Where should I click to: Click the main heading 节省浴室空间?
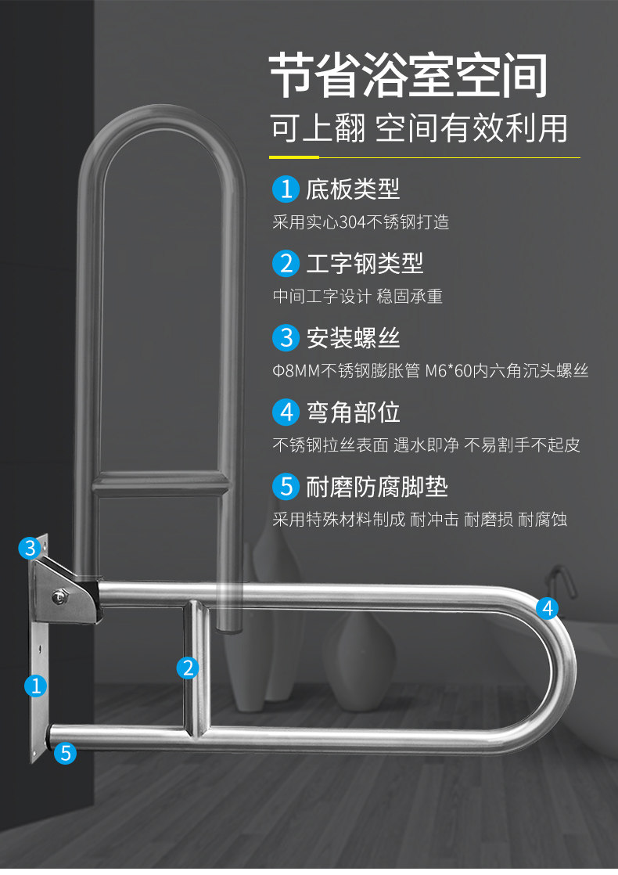coord(408,76)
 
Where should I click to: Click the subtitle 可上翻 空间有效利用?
coord(419,128)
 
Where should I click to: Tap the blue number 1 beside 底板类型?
coord(286,189)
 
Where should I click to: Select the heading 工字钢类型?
coord(365,263)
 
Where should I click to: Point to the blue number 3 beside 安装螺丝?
coord(286,337)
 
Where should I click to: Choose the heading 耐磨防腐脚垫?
coord(377,487)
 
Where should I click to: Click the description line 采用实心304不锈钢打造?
coord(361,222)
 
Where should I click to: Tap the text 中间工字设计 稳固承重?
coord(358,297)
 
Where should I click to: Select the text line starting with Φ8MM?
coord(430,371)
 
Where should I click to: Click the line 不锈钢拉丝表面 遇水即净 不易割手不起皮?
coord(426,445)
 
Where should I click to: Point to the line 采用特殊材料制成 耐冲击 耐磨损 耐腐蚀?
coord(419,520)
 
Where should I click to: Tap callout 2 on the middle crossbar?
coord(187,668)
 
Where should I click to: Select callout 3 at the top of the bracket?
coord(30,548)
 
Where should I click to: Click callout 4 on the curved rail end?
coord(548,607)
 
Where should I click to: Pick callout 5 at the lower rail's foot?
coord(66,753)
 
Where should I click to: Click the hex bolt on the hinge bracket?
coord(59,596)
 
